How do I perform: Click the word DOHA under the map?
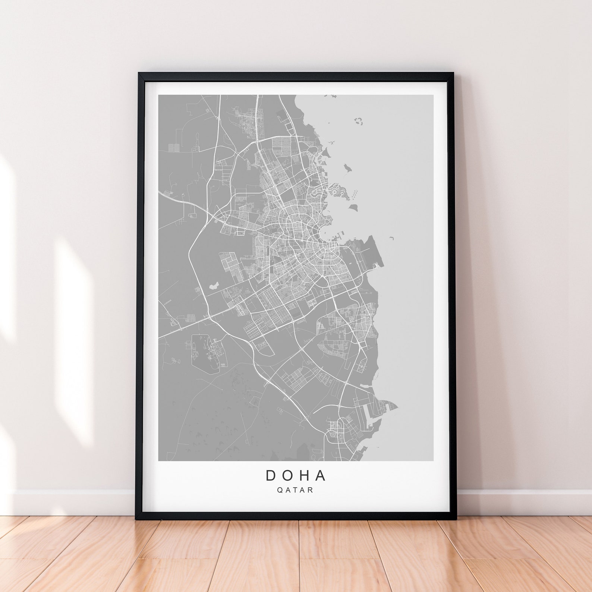click(x=296, y=475)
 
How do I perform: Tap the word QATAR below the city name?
click(x=295, y=490)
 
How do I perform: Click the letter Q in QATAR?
click(x=280, y=490)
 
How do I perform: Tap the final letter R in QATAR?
click(x=311, y=490)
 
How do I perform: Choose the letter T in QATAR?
click(x=295, y=490)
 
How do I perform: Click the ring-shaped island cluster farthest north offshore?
click(x=359, y=120)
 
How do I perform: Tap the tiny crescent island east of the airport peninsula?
click(x=392, y=237)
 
